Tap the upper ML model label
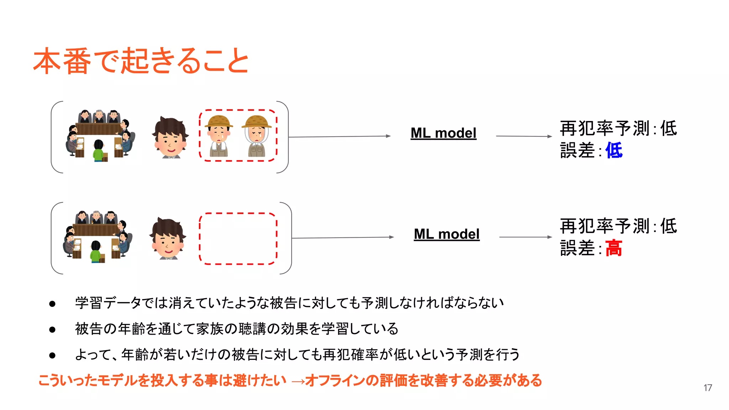pyautogui.click(x=443, y=133)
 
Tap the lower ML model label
pyautogui.click(x=446, y=234)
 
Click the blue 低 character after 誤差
pyautogui.click(x=614, y=150)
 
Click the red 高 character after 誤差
pyautogui.click(x=614, y=248)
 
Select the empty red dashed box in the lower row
pyautogui.click(x=238, y=238)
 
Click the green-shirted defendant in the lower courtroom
pyautogui.click(x=95, y=252)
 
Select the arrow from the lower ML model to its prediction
pyautogui.click(x=525, y=237)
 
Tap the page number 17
pyautogui.click(x=708, y=388)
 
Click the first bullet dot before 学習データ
pyautogui.click(x=52, y=304)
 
